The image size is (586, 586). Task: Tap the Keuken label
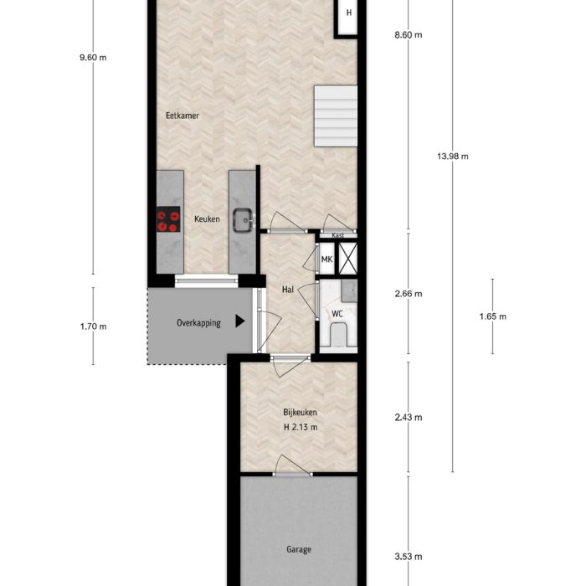point(207,219)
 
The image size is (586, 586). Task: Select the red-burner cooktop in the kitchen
point(168,220)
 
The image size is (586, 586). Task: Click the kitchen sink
point(244,219)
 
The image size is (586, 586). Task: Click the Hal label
point(287,290)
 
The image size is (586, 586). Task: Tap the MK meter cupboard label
point(326,260)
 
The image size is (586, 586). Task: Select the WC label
point(337,314)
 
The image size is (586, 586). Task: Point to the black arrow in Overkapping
point(240,321)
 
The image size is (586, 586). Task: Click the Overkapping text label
point(198,323)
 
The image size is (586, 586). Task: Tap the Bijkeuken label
point(299,412)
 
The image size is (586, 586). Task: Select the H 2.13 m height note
point(300,428)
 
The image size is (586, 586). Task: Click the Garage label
point(299,550)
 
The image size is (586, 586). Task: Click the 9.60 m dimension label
point(93,58)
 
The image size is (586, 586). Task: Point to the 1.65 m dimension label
point(493,316)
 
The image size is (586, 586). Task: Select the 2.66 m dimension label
point(408,294)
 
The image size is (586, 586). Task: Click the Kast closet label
point(338,236)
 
